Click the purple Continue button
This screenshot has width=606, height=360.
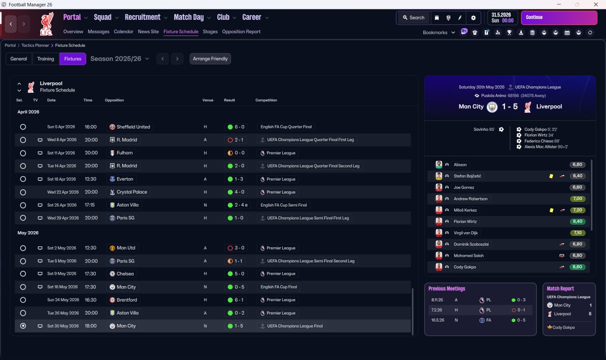[559, 18]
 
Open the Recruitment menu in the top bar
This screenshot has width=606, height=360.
[145, 18]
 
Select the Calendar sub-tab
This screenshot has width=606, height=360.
[124, 32]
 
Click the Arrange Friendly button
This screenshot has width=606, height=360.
[210, 59]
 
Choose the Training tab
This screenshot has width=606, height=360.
[45, 59]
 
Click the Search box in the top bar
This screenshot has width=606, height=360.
[413, 18]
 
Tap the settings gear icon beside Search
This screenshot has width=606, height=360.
[473, 18]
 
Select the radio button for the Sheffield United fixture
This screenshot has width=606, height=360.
[23, 127]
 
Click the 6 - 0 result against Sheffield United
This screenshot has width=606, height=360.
[236, 127]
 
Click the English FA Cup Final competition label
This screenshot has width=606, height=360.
[279, 287]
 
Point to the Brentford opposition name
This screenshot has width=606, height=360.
[126, 300]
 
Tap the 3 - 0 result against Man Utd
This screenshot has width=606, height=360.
[236, 248]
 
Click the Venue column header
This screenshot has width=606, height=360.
[208, 100]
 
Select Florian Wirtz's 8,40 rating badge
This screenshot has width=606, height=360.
[577, 221]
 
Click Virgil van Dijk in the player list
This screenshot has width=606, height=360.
[466, 233]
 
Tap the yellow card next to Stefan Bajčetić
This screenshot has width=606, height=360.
[551, 176]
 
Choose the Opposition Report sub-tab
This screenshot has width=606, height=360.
[241, 32]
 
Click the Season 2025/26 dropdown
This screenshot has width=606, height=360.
[119, 59]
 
